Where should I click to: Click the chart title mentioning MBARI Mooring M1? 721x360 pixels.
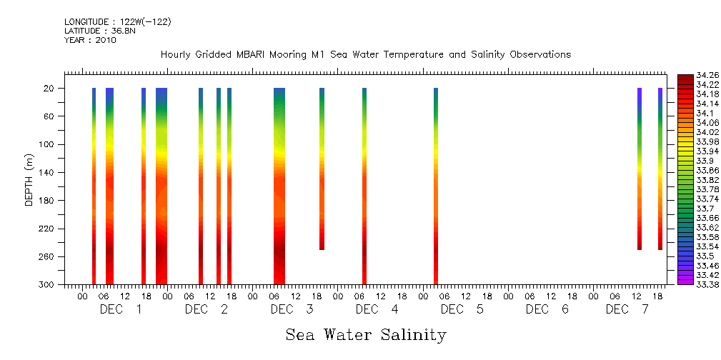[x=365, y=54]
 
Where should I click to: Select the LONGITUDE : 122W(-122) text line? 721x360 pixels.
[x=117, y=22]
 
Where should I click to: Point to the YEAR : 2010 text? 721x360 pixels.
[x=90, y=40]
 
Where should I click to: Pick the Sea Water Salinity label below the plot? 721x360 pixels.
[x=366, y=334]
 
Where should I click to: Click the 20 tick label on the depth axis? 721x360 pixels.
[x=49, y=88]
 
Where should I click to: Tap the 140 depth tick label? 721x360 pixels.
[x=47, y=172]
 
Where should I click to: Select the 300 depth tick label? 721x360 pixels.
[x=47, y=284]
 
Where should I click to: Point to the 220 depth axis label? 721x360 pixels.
[x=47, y=229]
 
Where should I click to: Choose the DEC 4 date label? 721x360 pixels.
[x=376, y=309]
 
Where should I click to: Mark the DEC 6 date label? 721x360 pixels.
[x=547, y=309]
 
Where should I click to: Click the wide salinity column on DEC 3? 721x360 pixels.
[x=279, y=186]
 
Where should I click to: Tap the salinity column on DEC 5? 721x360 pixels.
[x=436, y=186]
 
